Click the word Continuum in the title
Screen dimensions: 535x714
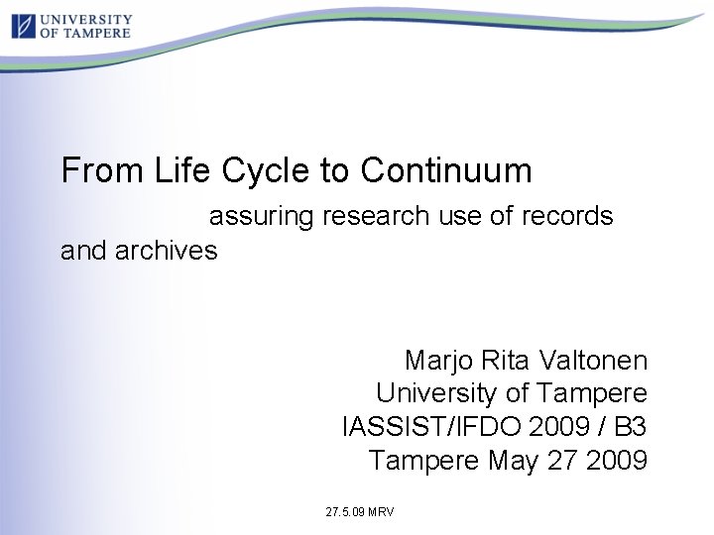(x=446, y=171)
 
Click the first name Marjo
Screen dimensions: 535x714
(x=441, y=360)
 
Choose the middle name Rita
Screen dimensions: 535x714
(x=508, y=360)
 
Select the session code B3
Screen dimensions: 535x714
(x=631, y=427)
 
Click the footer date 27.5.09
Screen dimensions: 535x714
(x=344, y=512)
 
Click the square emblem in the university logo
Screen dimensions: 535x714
(x=23, y=25)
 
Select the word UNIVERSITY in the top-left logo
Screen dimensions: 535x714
(x=85, y=18)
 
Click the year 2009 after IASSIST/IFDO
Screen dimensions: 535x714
(x=558, y=427)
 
